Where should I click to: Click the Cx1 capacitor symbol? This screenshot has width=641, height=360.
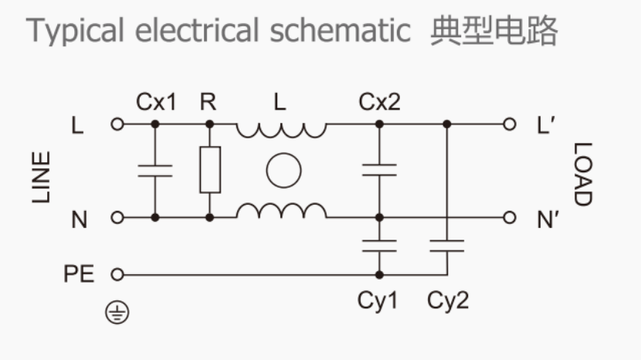[x=155, y=171]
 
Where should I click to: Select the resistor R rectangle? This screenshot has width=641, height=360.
[x=209, y=169]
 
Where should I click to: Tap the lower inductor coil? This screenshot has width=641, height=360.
[x=281, y=210]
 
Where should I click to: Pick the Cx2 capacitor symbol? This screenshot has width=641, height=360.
[x=378, y=171]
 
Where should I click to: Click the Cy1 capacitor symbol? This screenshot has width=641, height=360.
[x=378, y=246]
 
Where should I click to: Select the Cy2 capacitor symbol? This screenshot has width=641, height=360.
[x=446, y=246]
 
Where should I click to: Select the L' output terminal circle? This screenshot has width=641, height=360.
[x=508, y=124]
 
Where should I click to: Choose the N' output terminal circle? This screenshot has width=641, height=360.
[x=508, y=218]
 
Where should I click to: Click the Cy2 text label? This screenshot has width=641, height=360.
[x=448, y=301]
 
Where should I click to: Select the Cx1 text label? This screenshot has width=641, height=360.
[x=156, y=102]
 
